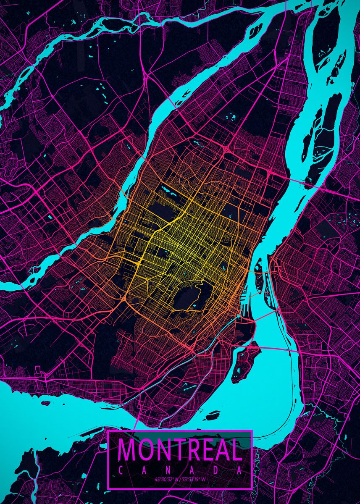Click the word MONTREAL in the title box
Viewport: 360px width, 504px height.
click(180, 450)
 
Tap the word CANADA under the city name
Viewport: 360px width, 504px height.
click(180, 471)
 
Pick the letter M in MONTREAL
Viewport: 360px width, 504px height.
click(126, 450)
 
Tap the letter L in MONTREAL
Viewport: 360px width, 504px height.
click(236, 450)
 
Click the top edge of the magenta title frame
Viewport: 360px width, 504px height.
click(180, 431)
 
